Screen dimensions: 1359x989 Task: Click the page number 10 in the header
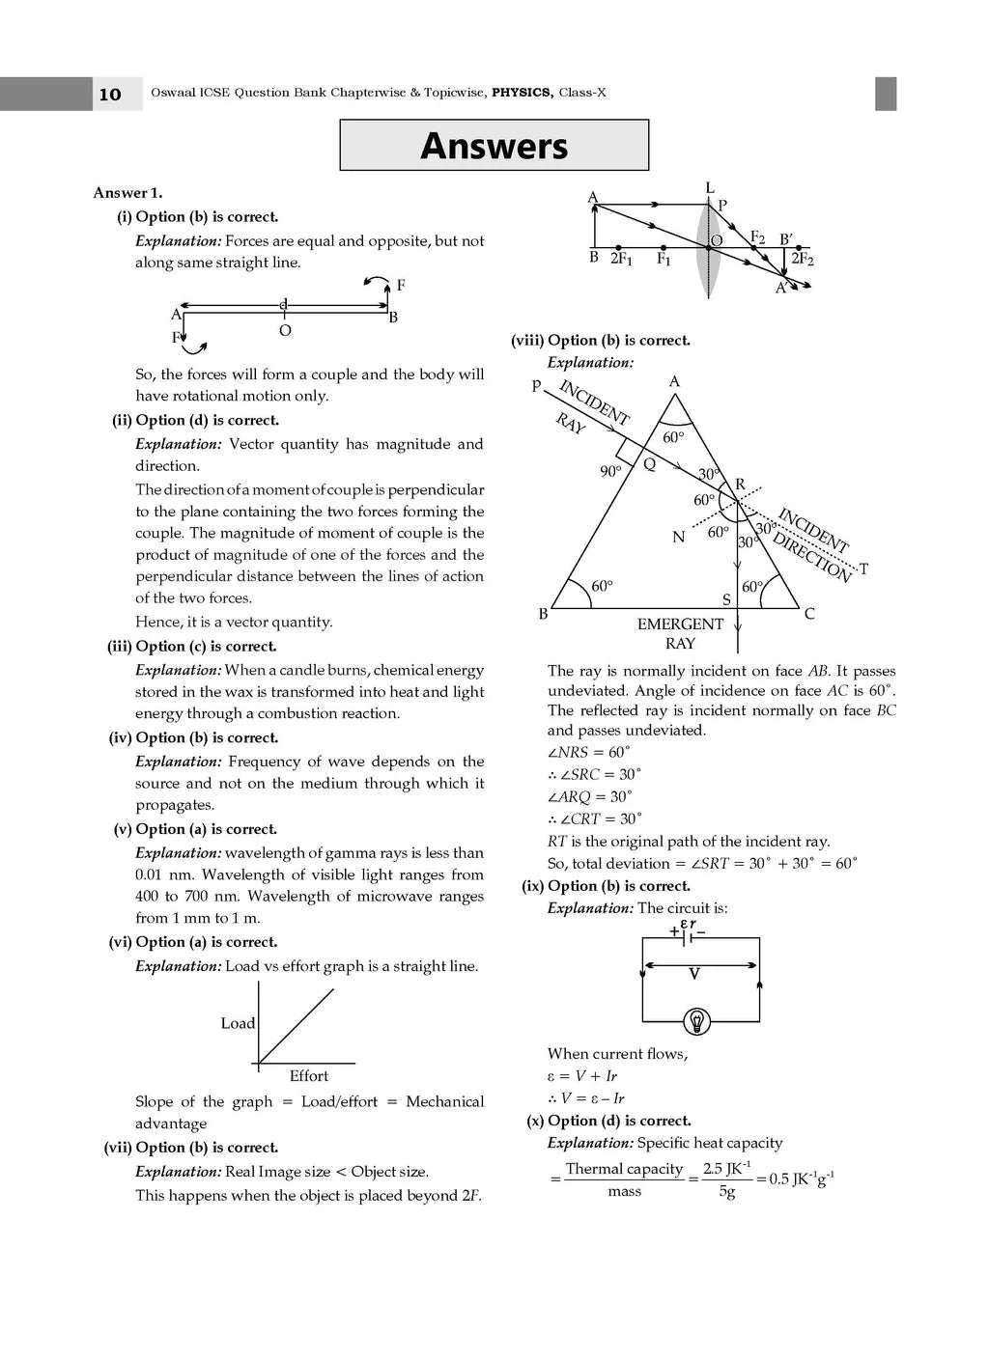point(110,94)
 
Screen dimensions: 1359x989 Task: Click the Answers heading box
point(494,146)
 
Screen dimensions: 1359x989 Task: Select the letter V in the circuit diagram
point(693,974)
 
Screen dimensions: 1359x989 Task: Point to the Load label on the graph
point(238,1023)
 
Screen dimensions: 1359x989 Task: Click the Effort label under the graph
point(309,1076)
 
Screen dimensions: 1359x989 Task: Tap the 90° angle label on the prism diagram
point(610,471)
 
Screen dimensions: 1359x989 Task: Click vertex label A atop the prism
point(674,382)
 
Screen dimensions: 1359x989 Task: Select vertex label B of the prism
point(543,614)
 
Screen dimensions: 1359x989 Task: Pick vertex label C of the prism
point(809,614)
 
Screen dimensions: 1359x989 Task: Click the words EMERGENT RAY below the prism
point(680,633)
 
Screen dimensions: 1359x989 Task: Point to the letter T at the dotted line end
point(863,569)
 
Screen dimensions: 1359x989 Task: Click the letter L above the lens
point(710,188)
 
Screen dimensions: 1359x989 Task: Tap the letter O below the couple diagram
point(285,331)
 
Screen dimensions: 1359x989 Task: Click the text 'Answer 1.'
point(127,193)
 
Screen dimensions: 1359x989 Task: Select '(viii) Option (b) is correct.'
point(600,341)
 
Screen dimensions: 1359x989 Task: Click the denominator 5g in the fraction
point(726,1192)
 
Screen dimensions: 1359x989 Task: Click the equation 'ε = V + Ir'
point(581,1076)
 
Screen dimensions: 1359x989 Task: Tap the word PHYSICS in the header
point(523,93)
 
